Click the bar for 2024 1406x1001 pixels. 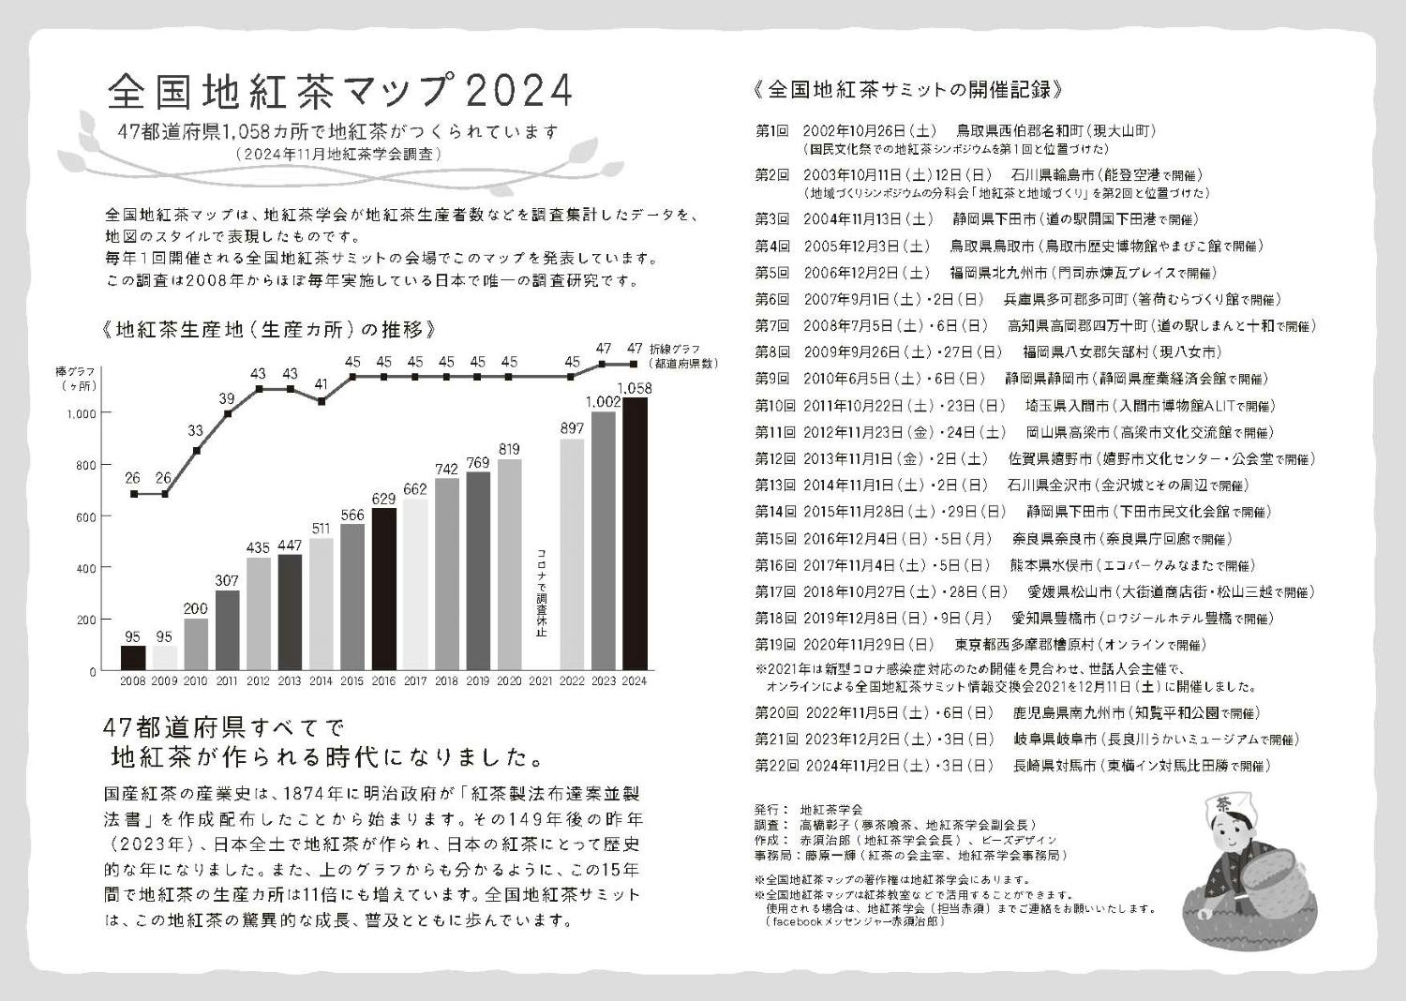tap(635, 534)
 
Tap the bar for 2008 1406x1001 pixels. tap(134, 658)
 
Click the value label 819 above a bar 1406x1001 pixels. tap(509, 449)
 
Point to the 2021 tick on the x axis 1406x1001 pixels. tap(541, 680)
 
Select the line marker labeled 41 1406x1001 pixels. tap(322, 401)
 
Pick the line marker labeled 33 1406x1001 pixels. tap(196, 450)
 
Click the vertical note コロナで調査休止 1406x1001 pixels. tap(541, 592)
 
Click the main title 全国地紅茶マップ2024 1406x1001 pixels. tap(339, 91)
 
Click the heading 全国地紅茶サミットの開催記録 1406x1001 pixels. tap(907, 90)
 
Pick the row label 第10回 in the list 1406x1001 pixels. tap(774, 406)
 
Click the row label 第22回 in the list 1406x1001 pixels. tap(774, 765)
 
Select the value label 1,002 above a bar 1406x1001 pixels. tap(603, 401)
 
